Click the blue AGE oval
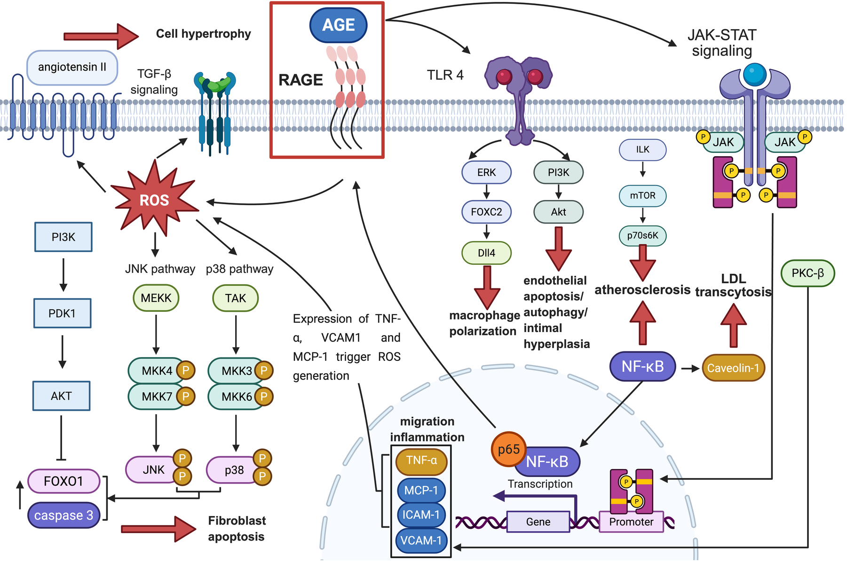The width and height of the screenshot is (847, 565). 338,25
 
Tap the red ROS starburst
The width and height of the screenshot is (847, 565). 154,200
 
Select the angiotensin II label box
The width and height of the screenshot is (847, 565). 72,67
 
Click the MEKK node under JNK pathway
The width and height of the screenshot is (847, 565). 156,298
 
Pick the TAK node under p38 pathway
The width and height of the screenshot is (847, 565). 235,298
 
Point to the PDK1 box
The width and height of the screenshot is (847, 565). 62,313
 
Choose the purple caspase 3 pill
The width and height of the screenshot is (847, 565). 63,515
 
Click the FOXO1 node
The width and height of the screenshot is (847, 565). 63,481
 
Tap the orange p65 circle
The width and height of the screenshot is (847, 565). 508,449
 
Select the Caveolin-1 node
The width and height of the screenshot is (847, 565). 733,368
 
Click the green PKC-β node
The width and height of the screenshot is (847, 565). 807,273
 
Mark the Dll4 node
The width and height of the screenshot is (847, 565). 486,253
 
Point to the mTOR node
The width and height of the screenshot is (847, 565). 642,196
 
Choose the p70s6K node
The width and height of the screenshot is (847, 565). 642,235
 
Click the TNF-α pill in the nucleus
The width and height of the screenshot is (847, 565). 421,461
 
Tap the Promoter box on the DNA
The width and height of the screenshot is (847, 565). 631,522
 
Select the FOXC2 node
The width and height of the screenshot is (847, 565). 486,212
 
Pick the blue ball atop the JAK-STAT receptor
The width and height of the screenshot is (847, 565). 755,74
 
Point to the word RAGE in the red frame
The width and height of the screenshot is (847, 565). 301,80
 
